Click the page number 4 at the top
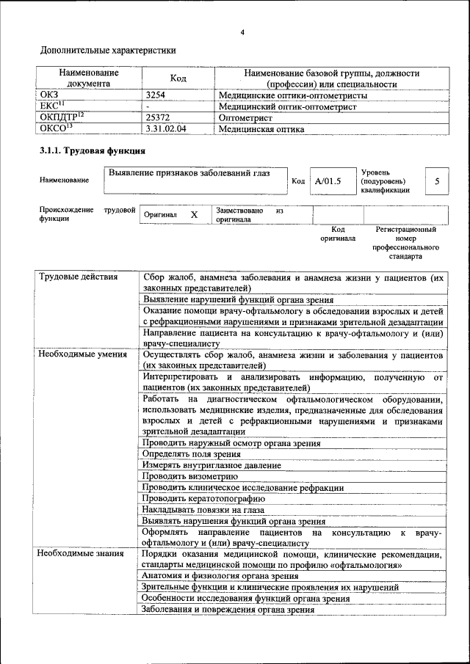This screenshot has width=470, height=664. click(x=242, y=32)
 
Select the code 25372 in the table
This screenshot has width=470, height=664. click(x=158, y=117)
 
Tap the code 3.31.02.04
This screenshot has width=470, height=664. click(x=167, y=129)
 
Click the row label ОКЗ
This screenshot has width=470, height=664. click(x=50, y=95)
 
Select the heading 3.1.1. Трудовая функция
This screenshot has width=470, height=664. click(x=92, y=151)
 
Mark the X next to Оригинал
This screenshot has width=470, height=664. click(x=194, y=215)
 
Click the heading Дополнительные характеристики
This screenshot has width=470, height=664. click(x=107, y=51)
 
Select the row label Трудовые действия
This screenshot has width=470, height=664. click(x=78, y=277)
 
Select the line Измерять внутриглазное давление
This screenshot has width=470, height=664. click(x=211, y=465)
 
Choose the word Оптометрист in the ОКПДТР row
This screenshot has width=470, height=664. click(x=246, y=117)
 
